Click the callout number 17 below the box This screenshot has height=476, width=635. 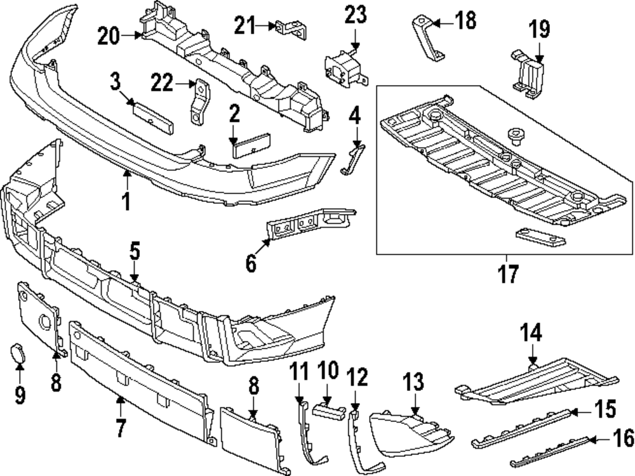[508, 274]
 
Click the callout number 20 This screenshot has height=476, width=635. [112, 37]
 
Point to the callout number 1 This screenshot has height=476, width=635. [126, 202]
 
